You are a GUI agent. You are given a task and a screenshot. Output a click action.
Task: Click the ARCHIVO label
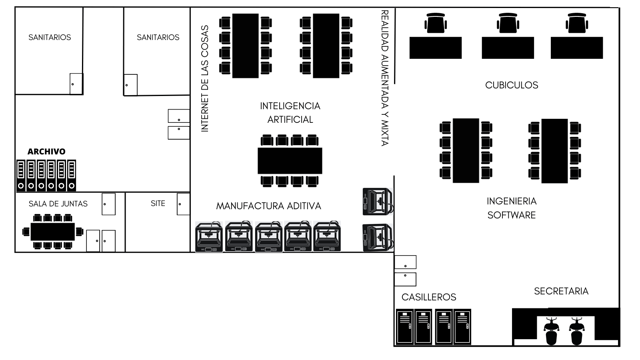46,152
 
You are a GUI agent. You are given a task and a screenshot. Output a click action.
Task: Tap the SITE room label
158,204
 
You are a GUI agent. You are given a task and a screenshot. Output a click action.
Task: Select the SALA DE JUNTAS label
58,204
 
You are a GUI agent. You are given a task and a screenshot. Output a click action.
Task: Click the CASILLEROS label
429,297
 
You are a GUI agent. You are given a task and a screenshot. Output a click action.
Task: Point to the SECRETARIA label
561,291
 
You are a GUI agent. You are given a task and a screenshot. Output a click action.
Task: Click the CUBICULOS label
512,85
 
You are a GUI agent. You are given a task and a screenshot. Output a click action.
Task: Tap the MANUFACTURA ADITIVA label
268,206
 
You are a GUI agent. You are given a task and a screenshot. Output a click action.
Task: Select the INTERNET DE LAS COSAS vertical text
205,78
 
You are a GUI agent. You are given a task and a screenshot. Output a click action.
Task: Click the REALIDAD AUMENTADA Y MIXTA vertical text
385,78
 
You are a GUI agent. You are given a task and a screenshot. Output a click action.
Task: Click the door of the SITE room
183,204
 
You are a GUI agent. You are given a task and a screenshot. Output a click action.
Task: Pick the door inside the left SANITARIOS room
76,84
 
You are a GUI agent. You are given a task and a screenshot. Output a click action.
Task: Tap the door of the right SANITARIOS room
130,85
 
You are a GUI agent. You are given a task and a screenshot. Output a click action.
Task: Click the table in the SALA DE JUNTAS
52,232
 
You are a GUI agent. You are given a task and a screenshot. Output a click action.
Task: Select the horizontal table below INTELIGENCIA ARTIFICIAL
290,160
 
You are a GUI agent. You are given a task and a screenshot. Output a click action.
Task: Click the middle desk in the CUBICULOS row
508,48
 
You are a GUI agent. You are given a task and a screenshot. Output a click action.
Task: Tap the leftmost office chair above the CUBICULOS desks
436,23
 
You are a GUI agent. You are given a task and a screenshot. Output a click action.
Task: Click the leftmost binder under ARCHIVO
21,176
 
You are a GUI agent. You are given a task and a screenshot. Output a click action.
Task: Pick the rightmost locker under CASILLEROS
462,326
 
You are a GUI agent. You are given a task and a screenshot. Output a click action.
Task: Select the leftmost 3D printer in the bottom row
209,236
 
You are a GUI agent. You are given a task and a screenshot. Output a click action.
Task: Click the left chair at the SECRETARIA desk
551,331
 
